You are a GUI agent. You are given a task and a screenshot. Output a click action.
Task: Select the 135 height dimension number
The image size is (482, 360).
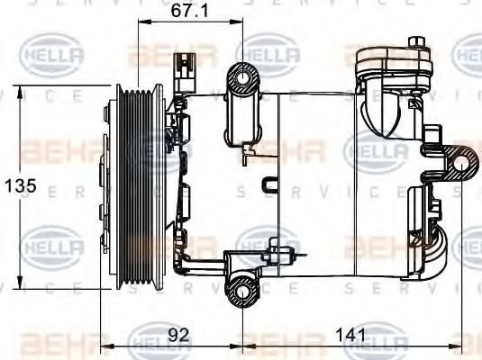[x=20, y=186]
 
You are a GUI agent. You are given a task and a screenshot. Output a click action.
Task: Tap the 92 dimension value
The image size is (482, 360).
[x=179, y=335]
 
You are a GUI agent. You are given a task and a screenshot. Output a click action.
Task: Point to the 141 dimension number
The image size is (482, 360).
[x=350, y=335]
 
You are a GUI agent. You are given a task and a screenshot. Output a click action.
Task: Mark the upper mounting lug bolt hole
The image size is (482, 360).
[x=244, y=80]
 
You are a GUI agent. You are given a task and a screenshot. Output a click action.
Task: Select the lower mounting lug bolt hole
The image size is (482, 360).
[x=242, y=288]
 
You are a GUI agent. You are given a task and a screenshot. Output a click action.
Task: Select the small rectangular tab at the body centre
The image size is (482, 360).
[x=268, y=184]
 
